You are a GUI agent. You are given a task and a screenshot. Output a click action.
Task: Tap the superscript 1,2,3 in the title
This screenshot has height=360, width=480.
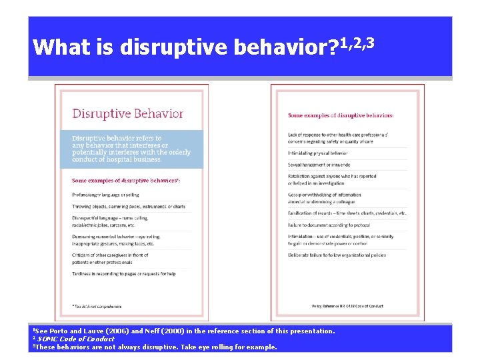pyautogui.click(x=357, y=44)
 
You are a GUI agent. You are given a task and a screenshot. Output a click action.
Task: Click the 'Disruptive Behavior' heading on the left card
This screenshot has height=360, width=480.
pyautogui.click(x=127, y=113)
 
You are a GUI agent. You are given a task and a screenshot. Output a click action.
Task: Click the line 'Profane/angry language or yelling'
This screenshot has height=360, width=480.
pyautogui.click(x=105, y=195)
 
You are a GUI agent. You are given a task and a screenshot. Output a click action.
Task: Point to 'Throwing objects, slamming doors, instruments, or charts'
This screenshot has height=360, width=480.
pyautogui.click(x=128, y=207)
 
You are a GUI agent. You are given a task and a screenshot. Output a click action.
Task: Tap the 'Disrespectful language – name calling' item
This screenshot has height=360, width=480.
pyautogui.click(x=109, y=218)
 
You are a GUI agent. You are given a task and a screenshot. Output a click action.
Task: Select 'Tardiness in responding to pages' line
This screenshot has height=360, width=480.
pyautogui.click(x=123, y=273)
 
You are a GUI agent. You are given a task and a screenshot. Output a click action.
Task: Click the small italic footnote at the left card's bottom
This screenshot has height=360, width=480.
pyautogui.click(x=97, y=306)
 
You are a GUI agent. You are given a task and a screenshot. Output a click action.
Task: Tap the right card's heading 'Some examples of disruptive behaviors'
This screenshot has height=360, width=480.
pyautogui.click(x=340, y=115)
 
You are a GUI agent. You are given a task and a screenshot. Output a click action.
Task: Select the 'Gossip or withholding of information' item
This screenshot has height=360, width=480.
pyautogui.click(x=324, y=195)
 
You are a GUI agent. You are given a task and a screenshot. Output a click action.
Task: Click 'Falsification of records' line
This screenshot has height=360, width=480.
pyautogui.click(x=347, y=213)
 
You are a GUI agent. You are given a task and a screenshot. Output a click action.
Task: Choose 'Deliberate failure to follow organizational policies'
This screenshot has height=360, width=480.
pyautogui.click(x=337, y=255)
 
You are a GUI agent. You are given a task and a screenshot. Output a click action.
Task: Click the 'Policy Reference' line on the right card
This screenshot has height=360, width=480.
pyautogui.click(x=347, y=306)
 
